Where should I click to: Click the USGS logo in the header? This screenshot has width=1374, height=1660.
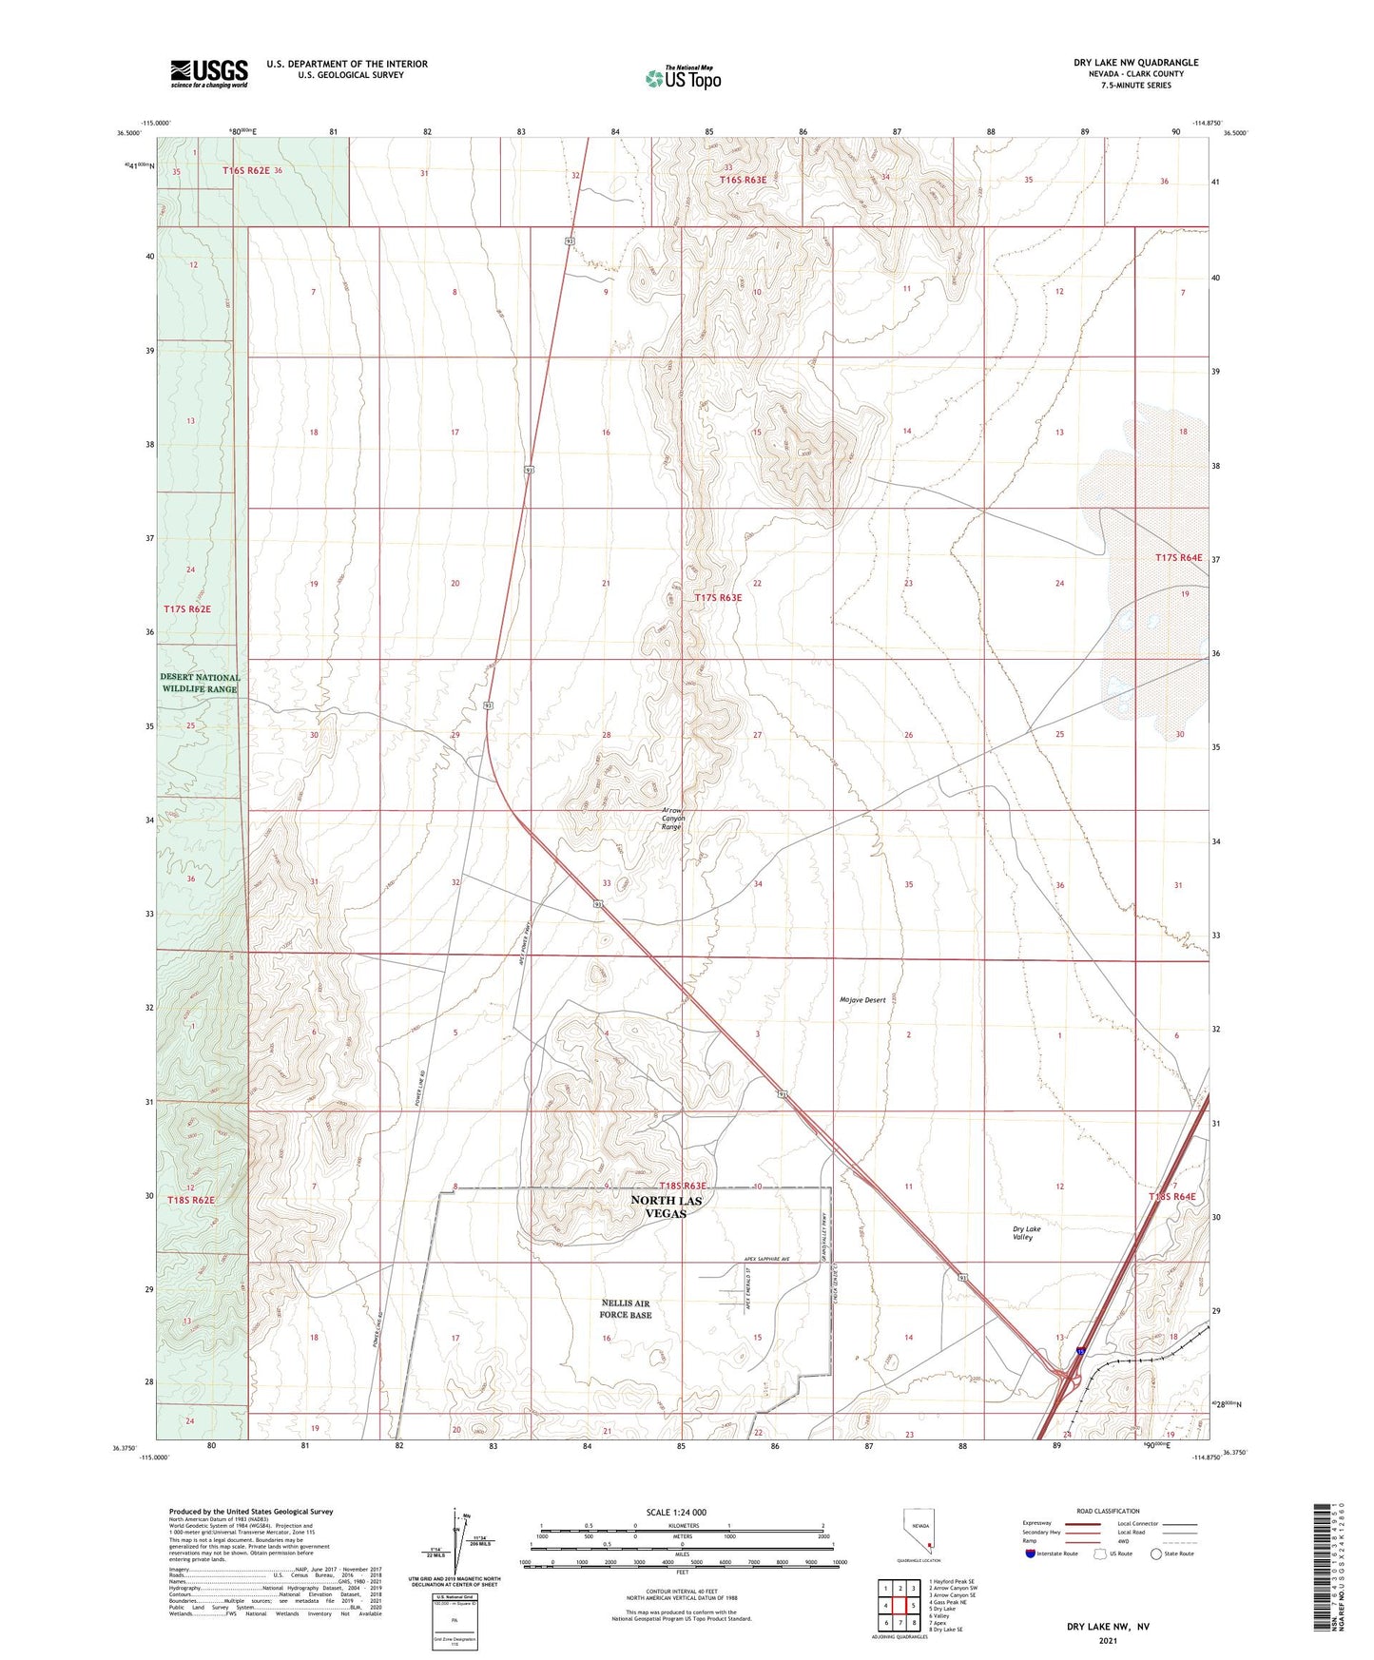click(209, 73)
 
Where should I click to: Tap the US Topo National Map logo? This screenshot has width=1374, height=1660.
click(683, 77)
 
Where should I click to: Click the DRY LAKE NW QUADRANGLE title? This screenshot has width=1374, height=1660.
click(1135, 63)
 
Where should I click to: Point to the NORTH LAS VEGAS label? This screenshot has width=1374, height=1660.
click(667, 1206)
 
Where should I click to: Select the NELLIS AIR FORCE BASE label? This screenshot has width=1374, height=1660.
click(626, 1308)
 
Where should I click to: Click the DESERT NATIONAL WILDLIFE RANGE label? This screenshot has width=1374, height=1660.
click(200, 683)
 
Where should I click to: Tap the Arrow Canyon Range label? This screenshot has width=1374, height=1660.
click(672, 820)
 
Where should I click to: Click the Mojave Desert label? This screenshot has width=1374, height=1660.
click(862, 1000)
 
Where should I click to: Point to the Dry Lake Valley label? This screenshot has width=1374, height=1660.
click(1026, 1233)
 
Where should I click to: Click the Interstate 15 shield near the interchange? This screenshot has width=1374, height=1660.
click(1081, 1349)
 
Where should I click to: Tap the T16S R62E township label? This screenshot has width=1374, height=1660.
click(246, 170)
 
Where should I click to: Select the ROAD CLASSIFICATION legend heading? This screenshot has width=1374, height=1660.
click(1108, 1511)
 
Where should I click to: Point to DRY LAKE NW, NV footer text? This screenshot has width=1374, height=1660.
click(1107, 1627)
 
